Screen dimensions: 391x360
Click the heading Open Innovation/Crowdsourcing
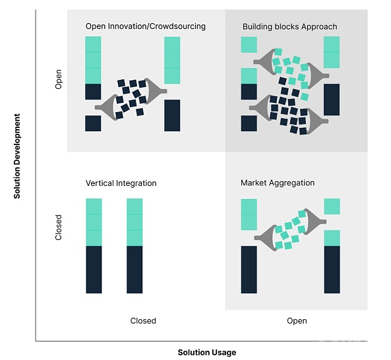tap(145, 26)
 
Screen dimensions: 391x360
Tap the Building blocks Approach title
tap(289, 26)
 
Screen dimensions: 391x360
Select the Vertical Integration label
tap(121, 183)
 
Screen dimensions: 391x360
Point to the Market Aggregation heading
tap(278, 183)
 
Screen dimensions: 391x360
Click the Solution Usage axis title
tap(207, 353)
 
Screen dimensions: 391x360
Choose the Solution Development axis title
tap(16, 156)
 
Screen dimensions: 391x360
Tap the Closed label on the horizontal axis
tap(143, 320)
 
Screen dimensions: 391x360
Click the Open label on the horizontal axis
tap(297, 320)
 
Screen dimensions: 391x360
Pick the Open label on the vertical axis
tap(58, 79)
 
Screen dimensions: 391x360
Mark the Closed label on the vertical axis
tap(58, 227)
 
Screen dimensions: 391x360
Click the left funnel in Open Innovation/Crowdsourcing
tap(107, 107)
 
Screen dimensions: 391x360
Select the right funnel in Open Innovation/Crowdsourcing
tap(154, 91)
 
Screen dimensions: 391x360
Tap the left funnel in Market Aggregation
tap(266, 237)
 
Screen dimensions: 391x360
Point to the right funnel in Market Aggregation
tap(315, 222)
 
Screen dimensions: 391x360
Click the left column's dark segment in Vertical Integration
tap(94, 270)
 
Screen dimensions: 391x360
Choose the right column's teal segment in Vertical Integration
tap(135, 222)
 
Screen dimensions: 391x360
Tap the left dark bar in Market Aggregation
tap(249, 270)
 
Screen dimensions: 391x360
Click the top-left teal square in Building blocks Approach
tap(249, 45)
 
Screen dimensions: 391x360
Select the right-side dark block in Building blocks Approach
tap(332, 100)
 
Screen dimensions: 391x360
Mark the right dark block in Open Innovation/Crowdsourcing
tap(172, 115)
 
